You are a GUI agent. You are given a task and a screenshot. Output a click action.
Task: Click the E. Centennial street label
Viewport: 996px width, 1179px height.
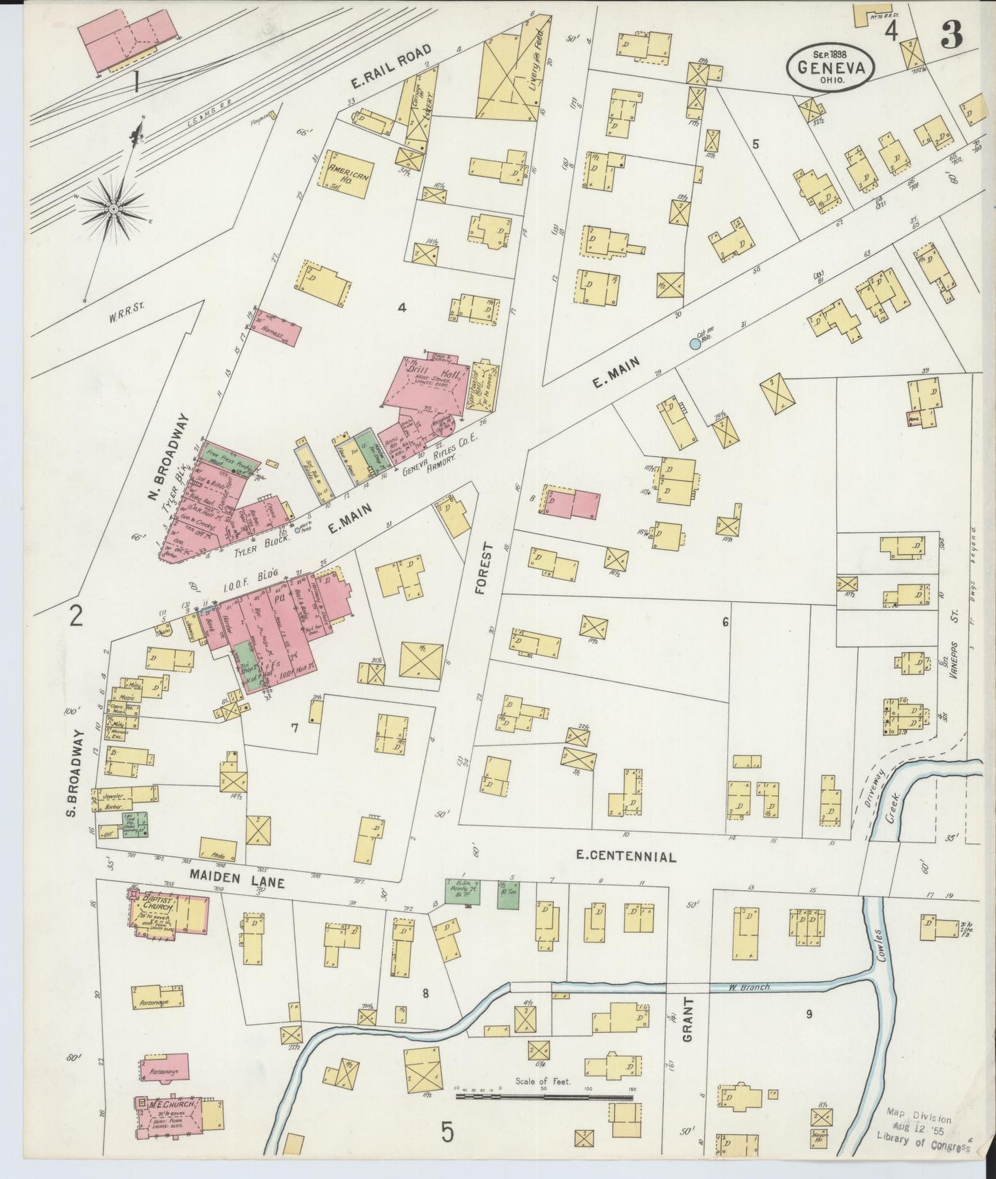coord(625,856)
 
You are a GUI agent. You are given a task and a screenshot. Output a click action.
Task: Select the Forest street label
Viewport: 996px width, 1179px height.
coord(488,568)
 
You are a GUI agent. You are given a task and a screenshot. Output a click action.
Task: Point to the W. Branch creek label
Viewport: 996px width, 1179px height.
coord(749,987)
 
